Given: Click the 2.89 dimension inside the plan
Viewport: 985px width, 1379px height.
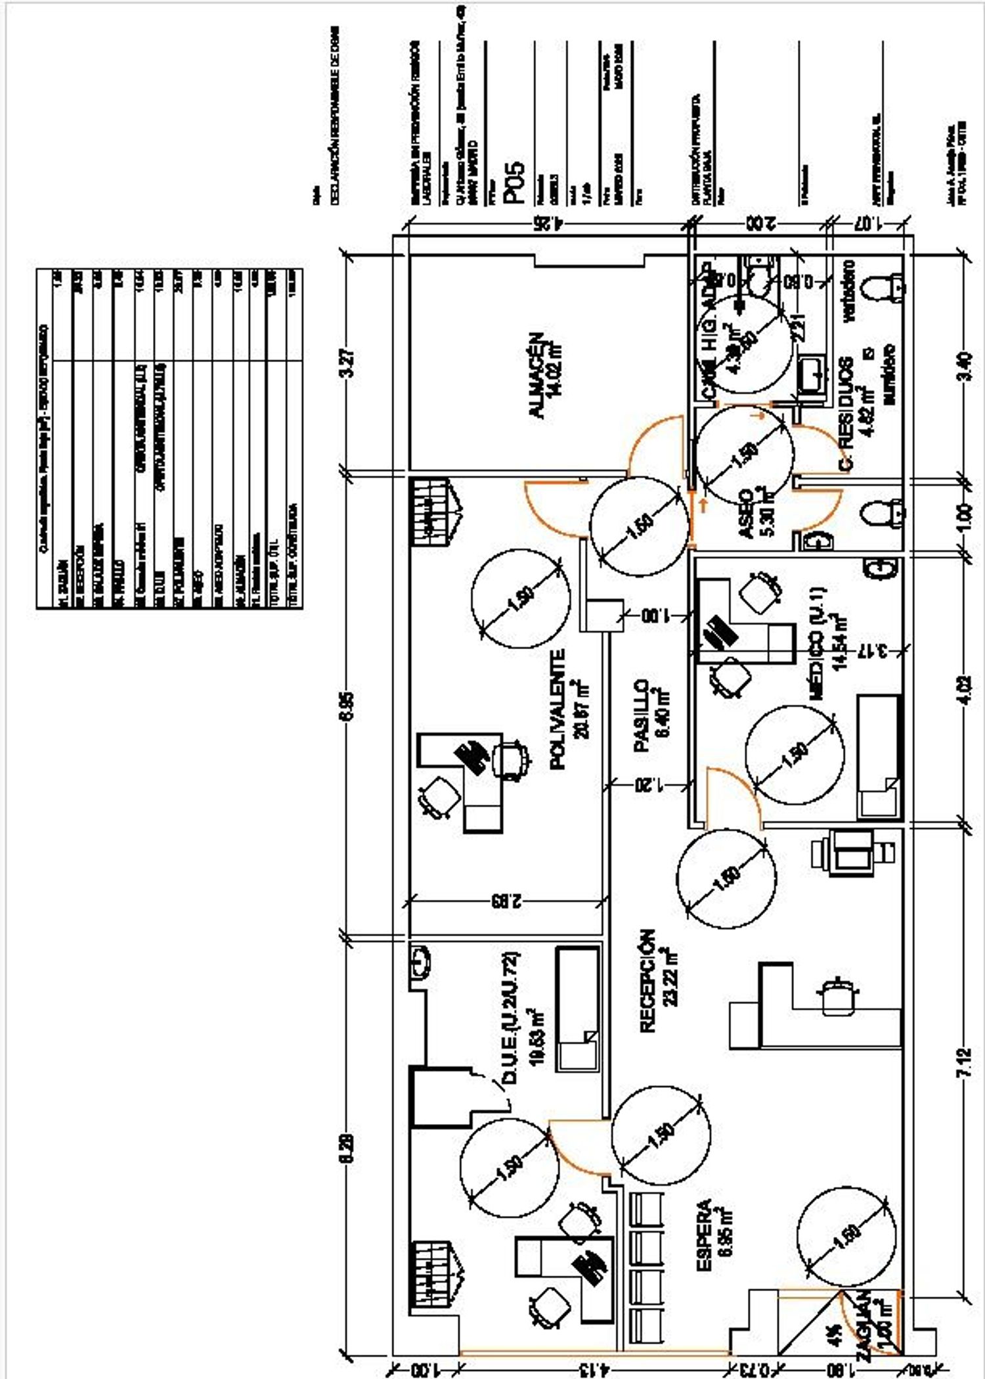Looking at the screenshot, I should coord(505,901).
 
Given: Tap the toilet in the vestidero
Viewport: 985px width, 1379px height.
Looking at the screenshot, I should coord(883,286).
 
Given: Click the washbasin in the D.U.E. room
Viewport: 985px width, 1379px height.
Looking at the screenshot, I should coord(420,962).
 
